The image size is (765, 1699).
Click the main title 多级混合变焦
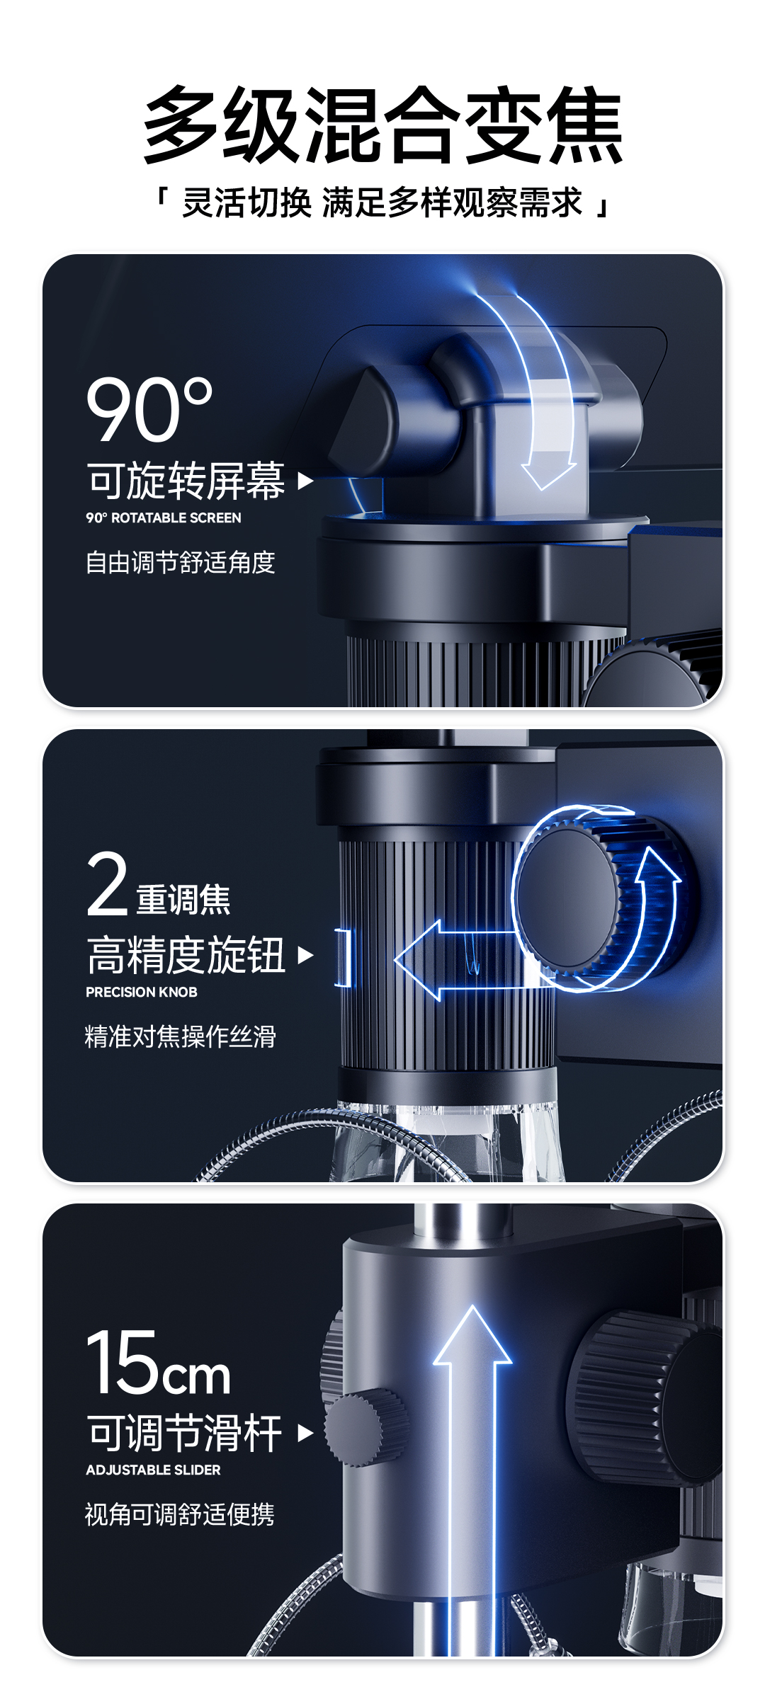coord(382,125)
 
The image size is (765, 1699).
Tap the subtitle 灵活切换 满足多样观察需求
coord(382,202)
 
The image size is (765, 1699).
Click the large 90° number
coord(149,408)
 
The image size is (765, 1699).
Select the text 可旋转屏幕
coord(186,481)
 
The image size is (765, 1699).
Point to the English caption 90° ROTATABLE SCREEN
coord(164,518)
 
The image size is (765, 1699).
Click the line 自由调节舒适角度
coord(180,562)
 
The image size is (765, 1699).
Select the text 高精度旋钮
coord(186,955)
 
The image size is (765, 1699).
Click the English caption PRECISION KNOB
coord(142,992)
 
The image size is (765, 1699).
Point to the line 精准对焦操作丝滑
coord(180,1036)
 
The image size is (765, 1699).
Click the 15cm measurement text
coord(159,1362)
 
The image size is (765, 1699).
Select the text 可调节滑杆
coord(185,1433)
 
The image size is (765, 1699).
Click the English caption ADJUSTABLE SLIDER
coord(153,1470)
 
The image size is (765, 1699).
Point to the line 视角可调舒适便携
coord(180,1514)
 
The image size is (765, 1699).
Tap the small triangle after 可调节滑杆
coord(305,1434)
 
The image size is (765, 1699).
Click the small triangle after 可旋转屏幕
coord(305,481)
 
